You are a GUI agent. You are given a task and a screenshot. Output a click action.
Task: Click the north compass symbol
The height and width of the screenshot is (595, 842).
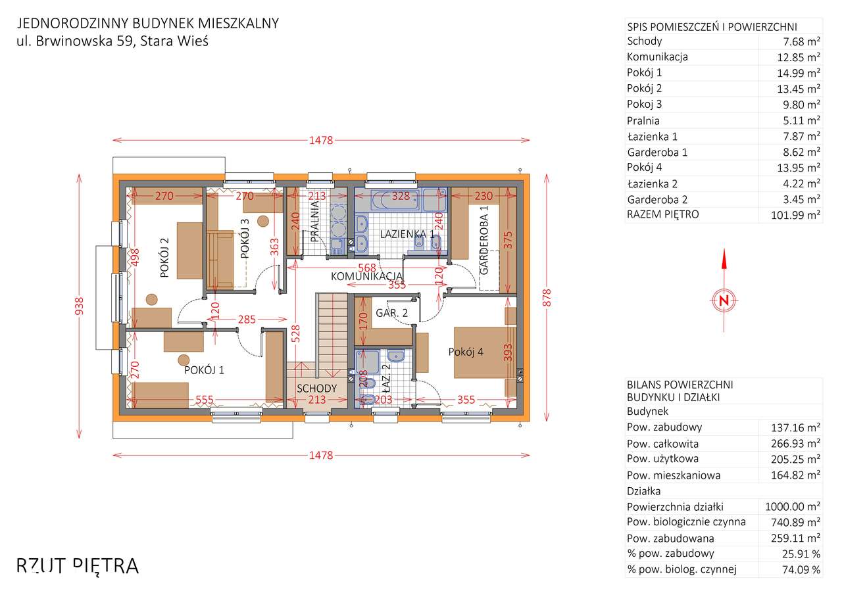[x=724, y=300]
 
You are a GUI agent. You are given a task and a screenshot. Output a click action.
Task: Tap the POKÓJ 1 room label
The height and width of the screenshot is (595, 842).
[x=204, y=370]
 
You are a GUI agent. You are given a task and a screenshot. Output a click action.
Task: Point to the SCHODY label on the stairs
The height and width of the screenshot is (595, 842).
[x=316, y=389]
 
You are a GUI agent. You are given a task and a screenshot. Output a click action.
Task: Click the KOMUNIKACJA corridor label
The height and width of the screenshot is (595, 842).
[x=366, y=276]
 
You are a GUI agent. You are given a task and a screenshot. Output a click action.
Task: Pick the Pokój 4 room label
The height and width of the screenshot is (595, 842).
[x=466, y=352]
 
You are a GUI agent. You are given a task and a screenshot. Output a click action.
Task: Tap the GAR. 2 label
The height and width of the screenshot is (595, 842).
[x=391, y=314]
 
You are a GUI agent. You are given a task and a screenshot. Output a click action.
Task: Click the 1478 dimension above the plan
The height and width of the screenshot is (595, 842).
[x=321, y=140]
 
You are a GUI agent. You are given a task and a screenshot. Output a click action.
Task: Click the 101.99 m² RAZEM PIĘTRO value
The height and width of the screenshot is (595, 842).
[x=795, y=215]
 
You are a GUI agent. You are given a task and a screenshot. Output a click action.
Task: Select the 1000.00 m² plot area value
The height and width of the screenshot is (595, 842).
[x=793, y=506]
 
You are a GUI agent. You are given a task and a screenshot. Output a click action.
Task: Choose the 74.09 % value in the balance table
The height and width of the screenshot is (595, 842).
[x=799, y=569]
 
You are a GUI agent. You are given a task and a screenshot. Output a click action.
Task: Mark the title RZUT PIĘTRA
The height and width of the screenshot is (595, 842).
[x=78, y=565]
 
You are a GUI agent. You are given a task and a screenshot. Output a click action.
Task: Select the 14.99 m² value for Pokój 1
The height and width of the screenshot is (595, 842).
[x=799, y=73]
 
